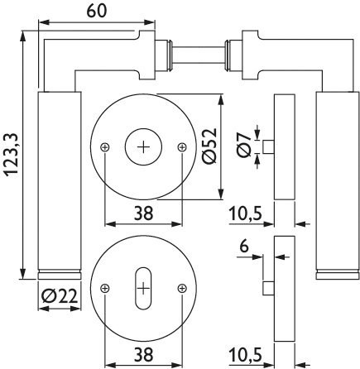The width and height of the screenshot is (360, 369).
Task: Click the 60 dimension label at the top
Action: pyautogui.click(x=96, y=12)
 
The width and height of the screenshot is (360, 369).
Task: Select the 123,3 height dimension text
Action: pyautogui.click(x=12, y=154)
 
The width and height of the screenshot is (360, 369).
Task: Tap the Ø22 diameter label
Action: pyautogui.click(x=60, y=297)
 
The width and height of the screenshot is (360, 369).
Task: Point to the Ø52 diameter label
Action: pyautogui.click(x=209, y=146)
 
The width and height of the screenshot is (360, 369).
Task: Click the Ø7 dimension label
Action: pyautogui.click(x=244, y=145)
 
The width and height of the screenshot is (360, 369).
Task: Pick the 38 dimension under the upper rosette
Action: pyautogui.click(x=143, y=213)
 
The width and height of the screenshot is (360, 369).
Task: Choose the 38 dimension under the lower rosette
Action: pyautogui.click(x=143, y=354)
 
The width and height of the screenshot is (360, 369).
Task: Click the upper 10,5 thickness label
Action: pyautogui.click(x=245, y=213)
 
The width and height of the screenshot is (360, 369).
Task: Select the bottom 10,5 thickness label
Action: pyautogui.click(x=245, y=354)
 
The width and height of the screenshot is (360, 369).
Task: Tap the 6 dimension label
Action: pyautogui.click(x=244, y=247)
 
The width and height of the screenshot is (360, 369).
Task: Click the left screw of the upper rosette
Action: pyautogui.click(x=105, y=147)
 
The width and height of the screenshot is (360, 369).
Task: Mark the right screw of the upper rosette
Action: pyautogui.click(x=182, y=147)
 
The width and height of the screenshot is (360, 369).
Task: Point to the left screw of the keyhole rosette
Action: pyautogui.click(x=105, y=289)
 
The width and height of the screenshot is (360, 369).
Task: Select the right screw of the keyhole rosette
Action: pyautogui.click(x=182, y=289)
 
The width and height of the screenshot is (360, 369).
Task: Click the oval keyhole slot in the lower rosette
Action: pyautogui.click(x=143, y=289)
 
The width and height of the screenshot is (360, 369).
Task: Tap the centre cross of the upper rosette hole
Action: pyautogui.click(x=143, y=147)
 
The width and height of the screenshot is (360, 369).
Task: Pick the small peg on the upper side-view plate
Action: pyautogui.click(x=268, y=146)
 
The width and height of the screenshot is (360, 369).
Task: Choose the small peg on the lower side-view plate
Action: pyautogui.click(x=268, y=288)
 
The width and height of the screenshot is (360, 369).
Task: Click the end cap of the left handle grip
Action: pyautogui.click(x=60, y=276)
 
